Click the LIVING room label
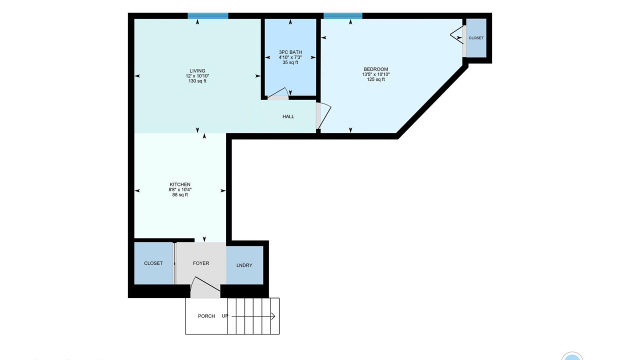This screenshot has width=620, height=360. [197, 71]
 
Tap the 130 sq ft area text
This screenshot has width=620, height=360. [197, 81]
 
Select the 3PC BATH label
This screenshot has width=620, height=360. [290, 52]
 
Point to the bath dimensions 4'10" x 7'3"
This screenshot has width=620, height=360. [290, 57]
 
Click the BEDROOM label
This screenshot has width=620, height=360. [376, 69]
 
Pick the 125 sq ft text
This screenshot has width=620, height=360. [376, 79]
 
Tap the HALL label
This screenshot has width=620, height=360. [288, 116]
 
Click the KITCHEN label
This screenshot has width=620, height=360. [180, 184]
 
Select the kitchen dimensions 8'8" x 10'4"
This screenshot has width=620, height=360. [180, 190]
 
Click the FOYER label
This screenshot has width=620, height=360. [201, 263]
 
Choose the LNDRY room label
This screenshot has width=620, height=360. [244, 265]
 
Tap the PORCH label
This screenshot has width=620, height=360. [206, 316]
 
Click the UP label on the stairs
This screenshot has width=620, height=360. [225, 315]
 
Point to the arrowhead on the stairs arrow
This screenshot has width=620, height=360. [273, 316]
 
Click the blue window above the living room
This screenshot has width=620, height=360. [208, 16]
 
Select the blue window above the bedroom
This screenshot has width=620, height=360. [343, 16]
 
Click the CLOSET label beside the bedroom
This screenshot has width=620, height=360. [476, 38]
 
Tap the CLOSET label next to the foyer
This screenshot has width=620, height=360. [153, 263]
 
